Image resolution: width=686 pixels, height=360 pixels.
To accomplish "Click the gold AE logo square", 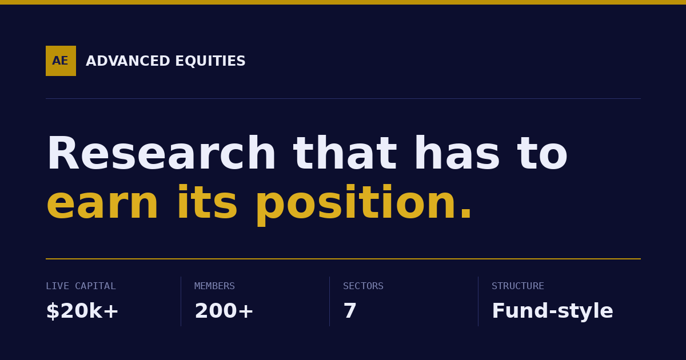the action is (61, 61).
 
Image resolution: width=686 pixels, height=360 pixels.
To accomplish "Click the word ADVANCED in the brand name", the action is (127, 61).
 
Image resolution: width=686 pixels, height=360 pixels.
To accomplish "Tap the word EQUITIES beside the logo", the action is (210, 61).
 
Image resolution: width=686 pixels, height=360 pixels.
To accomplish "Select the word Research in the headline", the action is (161, 153).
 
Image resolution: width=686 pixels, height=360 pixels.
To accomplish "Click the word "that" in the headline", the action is (345, 153).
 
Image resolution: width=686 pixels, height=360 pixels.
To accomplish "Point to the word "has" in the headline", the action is (457, 153).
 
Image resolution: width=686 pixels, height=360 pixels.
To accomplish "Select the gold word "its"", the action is (208, 202).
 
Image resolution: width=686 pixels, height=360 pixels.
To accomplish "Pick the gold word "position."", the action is (364, 205).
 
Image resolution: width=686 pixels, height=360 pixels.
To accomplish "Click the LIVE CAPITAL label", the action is (81, 286).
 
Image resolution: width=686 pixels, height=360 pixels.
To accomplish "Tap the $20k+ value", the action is (82, 311).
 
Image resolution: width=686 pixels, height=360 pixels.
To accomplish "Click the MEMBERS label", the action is (214, 286).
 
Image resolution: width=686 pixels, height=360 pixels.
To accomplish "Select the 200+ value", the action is (224, 311).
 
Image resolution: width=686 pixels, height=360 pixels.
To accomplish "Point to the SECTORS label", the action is (363, 286).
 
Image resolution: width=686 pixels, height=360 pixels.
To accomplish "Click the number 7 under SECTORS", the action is (350, 311).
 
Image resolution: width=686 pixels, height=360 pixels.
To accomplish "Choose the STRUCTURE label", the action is (517, 286).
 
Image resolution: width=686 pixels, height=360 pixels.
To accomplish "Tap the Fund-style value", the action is (552, 311).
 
